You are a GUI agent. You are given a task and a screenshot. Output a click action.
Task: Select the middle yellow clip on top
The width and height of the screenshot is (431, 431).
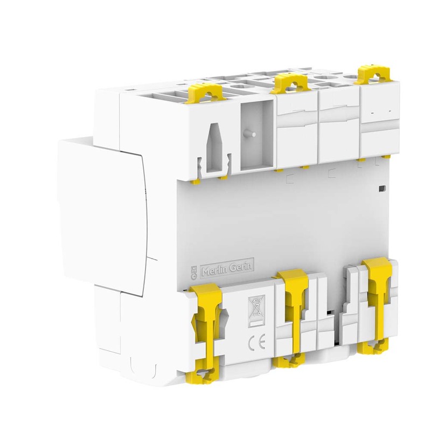click(289, 82)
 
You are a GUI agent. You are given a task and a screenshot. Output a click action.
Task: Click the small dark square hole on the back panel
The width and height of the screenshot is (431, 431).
click(382, 188)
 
